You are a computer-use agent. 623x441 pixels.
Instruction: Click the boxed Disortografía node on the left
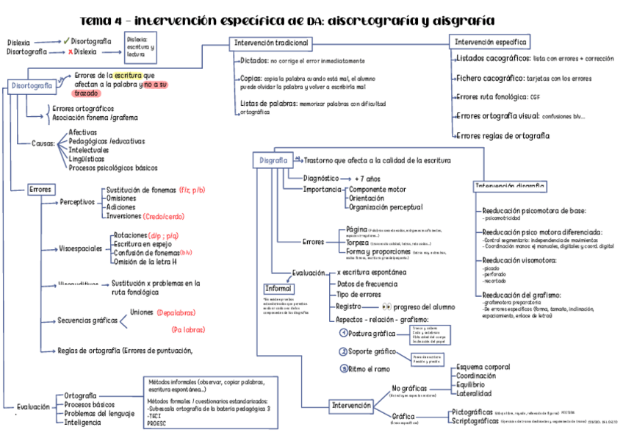tap(32, 86)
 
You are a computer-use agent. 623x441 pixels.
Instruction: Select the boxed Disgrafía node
tap(273, 159)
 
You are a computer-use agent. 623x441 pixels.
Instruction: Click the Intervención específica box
tap(489, 43)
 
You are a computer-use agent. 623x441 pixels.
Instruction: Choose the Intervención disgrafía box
tap(510, 186)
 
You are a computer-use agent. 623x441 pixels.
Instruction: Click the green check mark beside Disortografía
tap(67, 41)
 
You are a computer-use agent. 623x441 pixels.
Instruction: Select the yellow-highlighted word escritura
tap(128, 76)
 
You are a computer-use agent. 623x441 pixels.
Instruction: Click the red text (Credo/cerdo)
tap(164, 217)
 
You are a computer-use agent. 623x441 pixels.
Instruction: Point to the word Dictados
tap(253, 60)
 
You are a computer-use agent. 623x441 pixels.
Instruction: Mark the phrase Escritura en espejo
tap(144, 244)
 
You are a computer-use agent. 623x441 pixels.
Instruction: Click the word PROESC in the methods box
tap(158, 423)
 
